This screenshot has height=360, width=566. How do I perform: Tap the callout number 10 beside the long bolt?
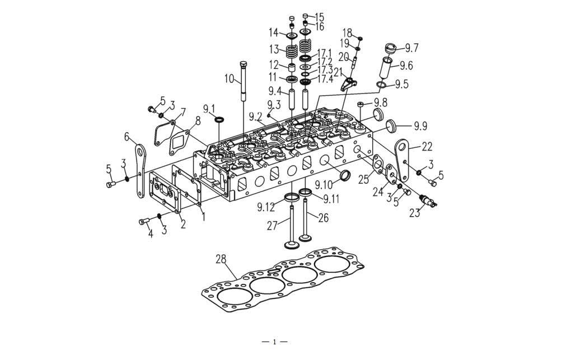(x=230, y=79)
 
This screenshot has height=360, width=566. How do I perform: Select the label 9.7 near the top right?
(x=411, y=48)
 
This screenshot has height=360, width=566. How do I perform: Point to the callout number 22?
(x=427, y=147)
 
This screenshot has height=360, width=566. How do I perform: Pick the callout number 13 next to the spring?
(x=274, y=48)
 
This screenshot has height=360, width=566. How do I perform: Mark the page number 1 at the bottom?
(x=274, y=342)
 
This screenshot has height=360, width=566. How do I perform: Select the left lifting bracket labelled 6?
(x=140, y=171)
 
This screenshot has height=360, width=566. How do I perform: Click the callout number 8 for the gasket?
(x=198, y=121)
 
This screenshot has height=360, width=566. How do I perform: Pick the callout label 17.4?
(x=325, y=80)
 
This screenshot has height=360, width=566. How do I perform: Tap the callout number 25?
(x=364, y=179)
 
